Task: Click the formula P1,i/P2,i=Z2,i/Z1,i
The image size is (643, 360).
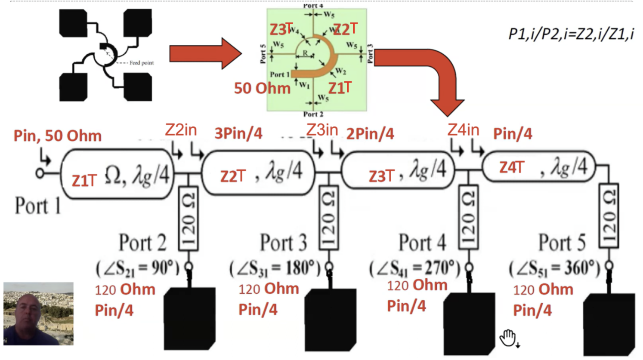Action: coord(571,34)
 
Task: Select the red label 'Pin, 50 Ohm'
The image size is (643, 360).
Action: coord(58,136)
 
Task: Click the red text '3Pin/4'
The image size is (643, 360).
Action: coord(238,134)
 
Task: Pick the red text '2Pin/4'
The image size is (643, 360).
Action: coord(370,134)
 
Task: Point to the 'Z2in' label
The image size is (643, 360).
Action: coord(181,129)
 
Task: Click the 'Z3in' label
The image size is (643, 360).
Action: coord(322,129)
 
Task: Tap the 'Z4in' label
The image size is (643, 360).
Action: coord(463,129)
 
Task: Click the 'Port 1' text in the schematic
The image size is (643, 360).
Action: coord(37,206)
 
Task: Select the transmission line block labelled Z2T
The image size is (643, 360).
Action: coord(258,173)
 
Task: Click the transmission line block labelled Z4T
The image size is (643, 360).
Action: coord(538,167)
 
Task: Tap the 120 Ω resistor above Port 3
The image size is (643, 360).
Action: coord(328,218)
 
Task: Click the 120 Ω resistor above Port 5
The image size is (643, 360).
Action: coord(609,216)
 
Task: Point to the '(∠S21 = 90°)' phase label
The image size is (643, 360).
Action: coord(137,268)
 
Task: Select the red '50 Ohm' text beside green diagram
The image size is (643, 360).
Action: coord(262,89)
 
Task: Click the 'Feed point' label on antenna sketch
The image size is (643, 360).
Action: coord(142,63)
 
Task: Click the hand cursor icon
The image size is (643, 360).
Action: coord(508,338)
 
